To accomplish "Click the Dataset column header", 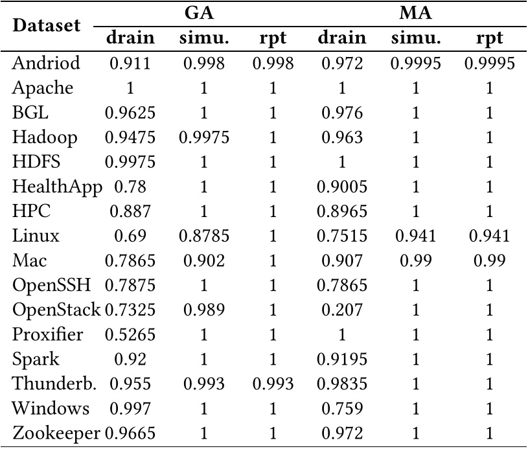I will [x=47, y=26].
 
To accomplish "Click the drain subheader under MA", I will [x=342, y=38].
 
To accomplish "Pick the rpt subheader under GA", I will [x=272, y=38].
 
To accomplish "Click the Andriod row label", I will [x=46, y=63].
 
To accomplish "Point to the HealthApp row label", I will [x=57, y=187].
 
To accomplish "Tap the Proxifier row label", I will [x=48, y=335].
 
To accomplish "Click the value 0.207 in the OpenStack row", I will [x=342, y=310].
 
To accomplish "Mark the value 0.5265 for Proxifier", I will [x=130, y=335].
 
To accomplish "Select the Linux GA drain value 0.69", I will [x=130, y=236].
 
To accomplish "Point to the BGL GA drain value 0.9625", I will [x=130, y=113].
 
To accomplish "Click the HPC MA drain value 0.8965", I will [x=342, y=212].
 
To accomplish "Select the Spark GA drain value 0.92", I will [x=130, y=360].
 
